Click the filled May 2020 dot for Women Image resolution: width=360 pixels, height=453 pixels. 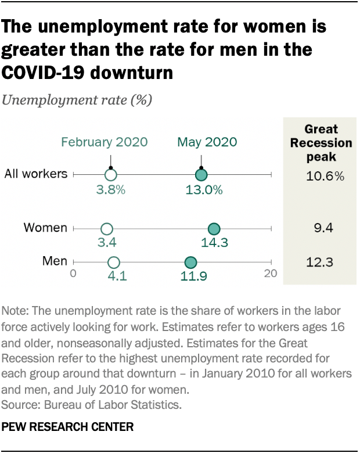coord(214,229)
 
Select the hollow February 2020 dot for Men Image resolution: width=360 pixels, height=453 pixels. coord(114,263)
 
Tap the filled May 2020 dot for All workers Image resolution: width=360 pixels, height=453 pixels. coord(201,174)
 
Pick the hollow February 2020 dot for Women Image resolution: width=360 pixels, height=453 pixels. coord(107,229)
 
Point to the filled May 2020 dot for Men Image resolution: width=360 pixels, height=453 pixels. coord(190,263)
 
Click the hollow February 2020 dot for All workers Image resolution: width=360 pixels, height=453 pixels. coord(111,174)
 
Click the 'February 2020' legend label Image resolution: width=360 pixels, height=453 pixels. coord(105,142)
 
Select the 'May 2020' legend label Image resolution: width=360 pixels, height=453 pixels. coord(207,142)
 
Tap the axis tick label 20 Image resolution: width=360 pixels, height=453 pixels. coord(271,273)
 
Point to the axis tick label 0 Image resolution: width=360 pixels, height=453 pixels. coord(73,273)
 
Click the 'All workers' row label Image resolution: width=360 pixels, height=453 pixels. coord(36,174)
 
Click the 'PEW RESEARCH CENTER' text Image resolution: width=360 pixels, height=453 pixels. coord(68,427)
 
